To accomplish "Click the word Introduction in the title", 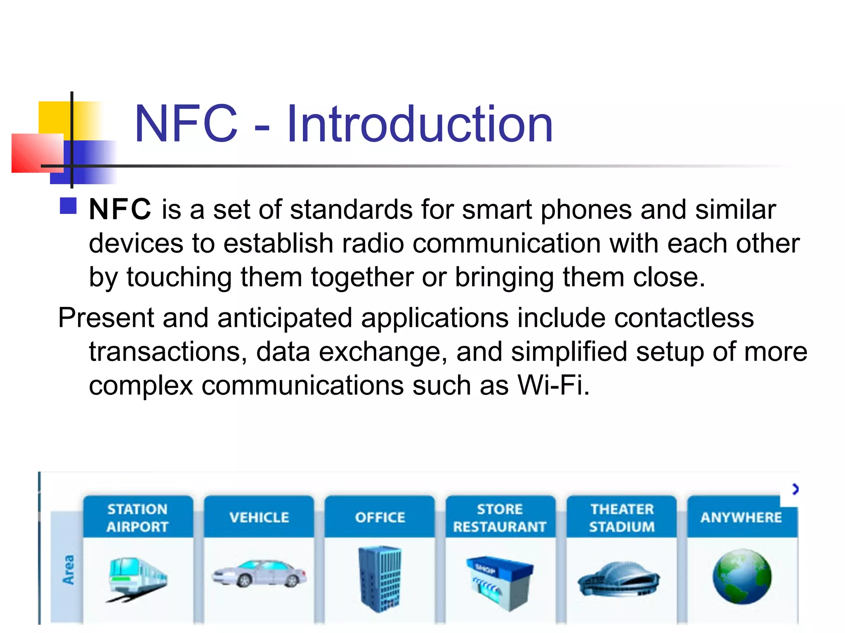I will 419,124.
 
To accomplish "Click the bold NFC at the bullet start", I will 120,210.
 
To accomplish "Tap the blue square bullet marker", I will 68,206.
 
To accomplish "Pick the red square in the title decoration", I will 37,152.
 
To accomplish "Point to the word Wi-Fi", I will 553,385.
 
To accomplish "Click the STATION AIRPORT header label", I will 137,518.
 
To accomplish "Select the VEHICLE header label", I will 259,518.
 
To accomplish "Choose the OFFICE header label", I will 380,518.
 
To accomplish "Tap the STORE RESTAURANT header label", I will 500,518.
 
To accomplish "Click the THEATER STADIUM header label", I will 622,518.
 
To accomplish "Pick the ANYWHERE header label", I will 741,518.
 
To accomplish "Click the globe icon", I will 742,576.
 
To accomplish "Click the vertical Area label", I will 68,570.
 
